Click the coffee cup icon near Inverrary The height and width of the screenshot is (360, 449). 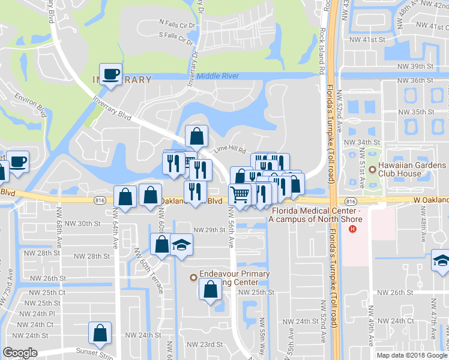[x=110, y=74]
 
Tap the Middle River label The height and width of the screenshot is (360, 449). [x=218, y=76]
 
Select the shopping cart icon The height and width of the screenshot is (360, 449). [x=240, y=194]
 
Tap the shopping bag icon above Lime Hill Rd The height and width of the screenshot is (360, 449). [x=196, y=137]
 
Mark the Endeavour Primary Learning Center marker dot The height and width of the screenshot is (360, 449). [x=193, y=277]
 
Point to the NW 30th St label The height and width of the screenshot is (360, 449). [x=82, y=223]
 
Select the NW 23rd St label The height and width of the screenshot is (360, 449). [x=204, y=344]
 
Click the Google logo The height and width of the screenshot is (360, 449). [x=20, y=353]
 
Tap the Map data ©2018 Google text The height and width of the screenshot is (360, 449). [x=411, y=355]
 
